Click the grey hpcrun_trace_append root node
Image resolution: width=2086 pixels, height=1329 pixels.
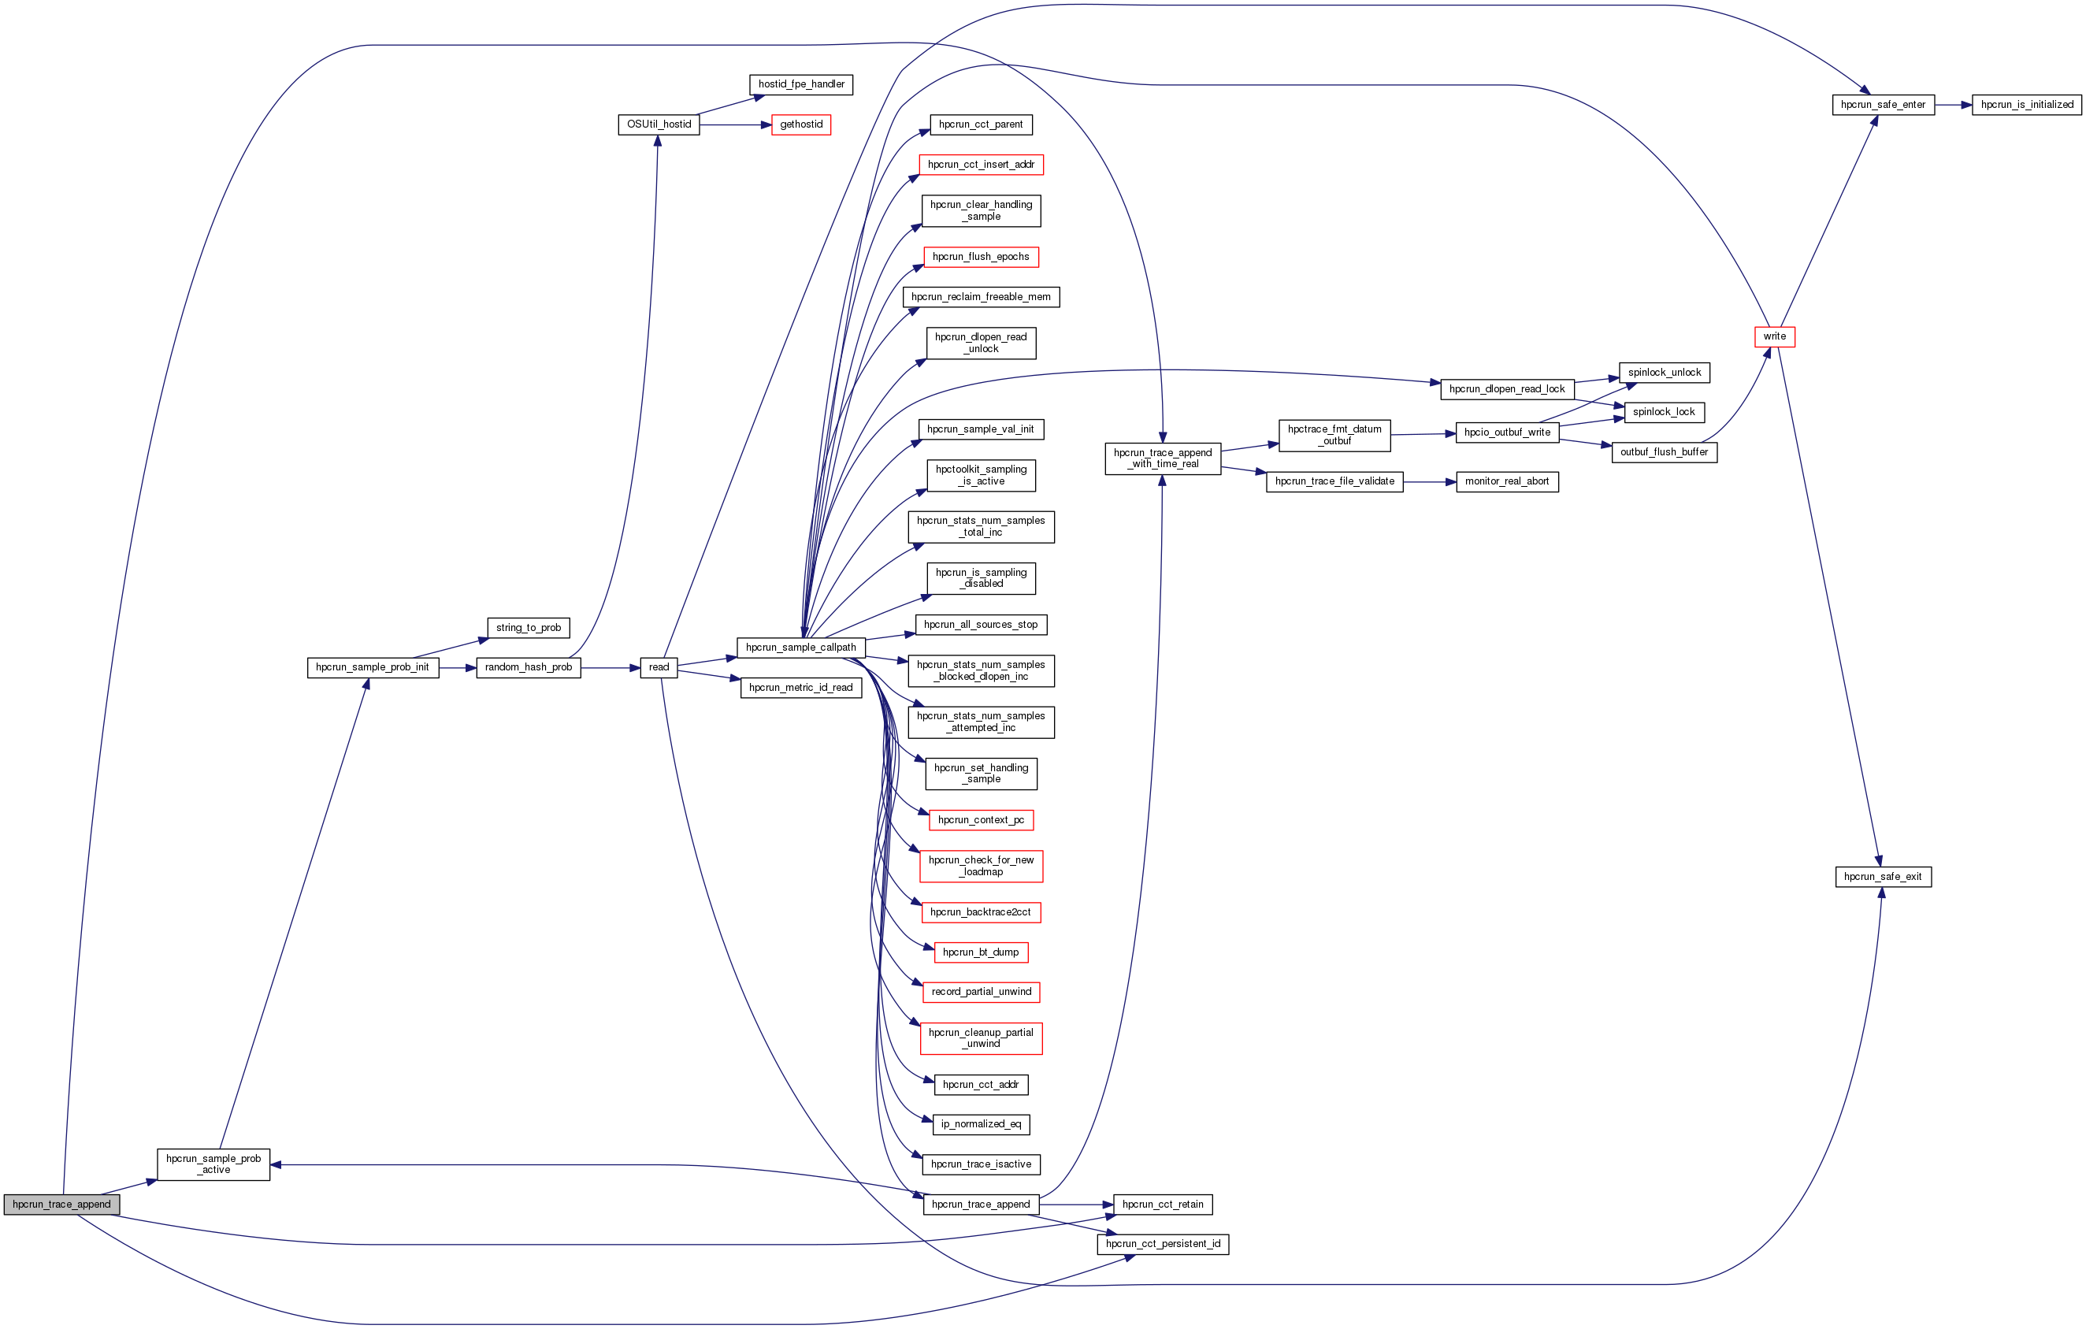tap(61, 1205)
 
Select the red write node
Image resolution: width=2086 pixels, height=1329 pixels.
tap(1774, 336)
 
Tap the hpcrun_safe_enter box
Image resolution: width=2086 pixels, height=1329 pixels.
tap(1883, 105)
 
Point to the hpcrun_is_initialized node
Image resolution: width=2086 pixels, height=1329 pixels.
tap(2026, 105)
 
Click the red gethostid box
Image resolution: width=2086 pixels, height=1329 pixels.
tap(800, 124)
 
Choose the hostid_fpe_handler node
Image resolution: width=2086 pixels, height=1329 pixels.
tap(800, 84)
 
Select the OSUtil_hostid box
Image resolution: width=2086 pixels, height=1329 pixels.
tap(659, 124)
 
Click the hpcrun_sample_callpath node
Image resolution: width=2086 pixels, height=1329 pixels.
tap(800, 648)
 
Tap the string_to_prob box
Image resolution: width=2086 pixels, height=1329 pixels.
tap(528, 628)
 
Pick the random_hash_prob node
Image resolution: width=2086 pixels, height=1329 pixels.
tap(528, 667)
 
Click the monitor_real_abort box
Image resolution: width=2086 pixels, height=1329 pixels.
tap(1506, 481)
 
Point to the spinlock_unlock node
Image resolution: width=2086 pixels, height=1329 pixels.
tap(1663, 373)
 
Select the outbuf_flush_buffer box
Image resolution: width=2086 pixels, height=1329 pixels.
tap(1663, 452)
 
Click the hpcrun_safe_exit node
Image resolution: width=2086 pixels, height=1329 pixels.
tap(1883, 877)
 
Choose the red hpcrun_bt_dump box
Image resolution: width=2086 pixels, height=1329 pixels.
tap(981, 952)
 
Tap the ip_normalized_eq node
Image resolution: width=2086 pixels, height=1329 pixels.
tap(981, 1124)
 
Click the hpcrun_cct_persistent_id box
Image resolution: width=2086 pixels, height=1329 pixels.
tap(1163, 1244)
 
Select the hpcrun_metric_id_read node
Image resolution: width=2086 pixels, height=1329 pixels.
tap(800, 688)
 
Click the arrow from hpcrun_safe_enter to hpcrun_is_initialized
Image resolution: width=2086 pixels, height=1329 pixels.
tap(1953, 105)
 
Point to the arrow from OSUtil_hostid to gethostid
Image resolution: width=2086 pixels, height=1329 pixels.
tap(735, 124)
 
